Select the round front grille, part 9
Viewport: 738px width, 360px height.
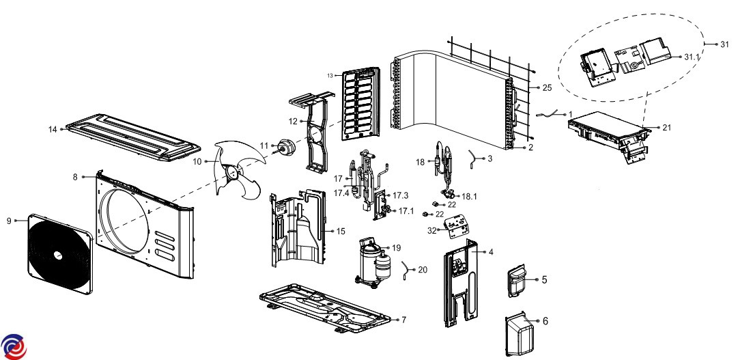(x=57, y=255)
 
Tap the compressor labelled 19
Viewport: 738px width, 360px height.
(x=373, y=260)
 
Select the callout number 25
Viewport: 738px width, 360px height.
(x=547, y=88)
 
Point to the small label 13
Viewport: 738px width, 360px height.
(x=330, y=74)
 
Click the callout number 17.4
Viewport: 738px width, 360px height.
(x=343, y=193)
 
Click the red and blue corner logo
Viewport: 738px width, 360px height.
(x=14, y=346)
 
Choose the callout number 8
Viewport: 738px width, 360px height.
(x=76, y=176)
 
